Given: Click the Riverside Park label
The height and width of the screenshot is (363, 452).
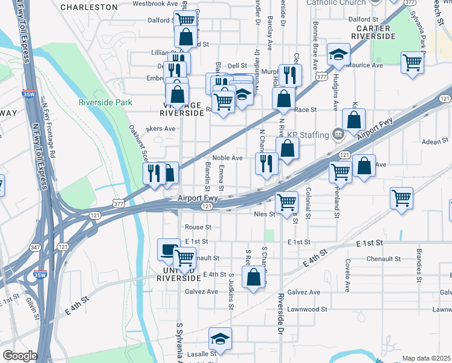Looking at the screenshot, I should [105, 102].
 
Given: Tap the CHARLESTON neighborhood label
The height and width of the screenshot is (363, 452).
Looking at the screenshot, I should [89, 7].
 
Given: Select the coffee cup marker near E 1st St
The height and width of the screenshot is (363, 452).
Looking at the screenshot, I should [169, 249].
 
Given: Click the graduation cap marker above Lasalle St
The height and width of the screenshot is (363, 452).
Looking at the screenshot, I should [220, 339].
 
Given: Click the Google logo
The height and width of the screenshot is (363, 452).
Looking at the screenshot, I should [20, 356].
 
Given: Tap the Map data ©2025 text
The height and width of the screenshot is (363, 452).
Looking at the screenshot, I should [426, 358].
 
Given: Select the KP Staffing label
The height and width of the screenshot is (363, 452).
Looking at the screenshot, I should [306, 134].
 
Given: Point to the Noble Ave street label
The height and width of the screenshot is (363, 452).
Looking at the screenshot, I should [227, 158].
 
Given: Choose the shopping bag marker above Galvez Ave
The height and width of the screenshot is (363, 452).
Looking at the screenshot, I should [254, 278].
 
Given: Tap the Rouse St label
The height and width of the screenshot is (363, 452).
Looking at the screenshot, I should [198, 227].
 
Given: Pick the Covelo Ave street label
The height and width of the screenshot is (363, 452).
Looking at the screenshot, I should [347, 275].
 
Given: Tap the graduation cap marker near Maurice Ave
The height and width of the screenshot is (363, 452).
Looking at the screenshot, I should [338, 55].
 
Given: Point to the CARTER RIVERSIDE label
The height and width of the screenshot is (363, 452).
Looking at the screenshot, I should [375, 32].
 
